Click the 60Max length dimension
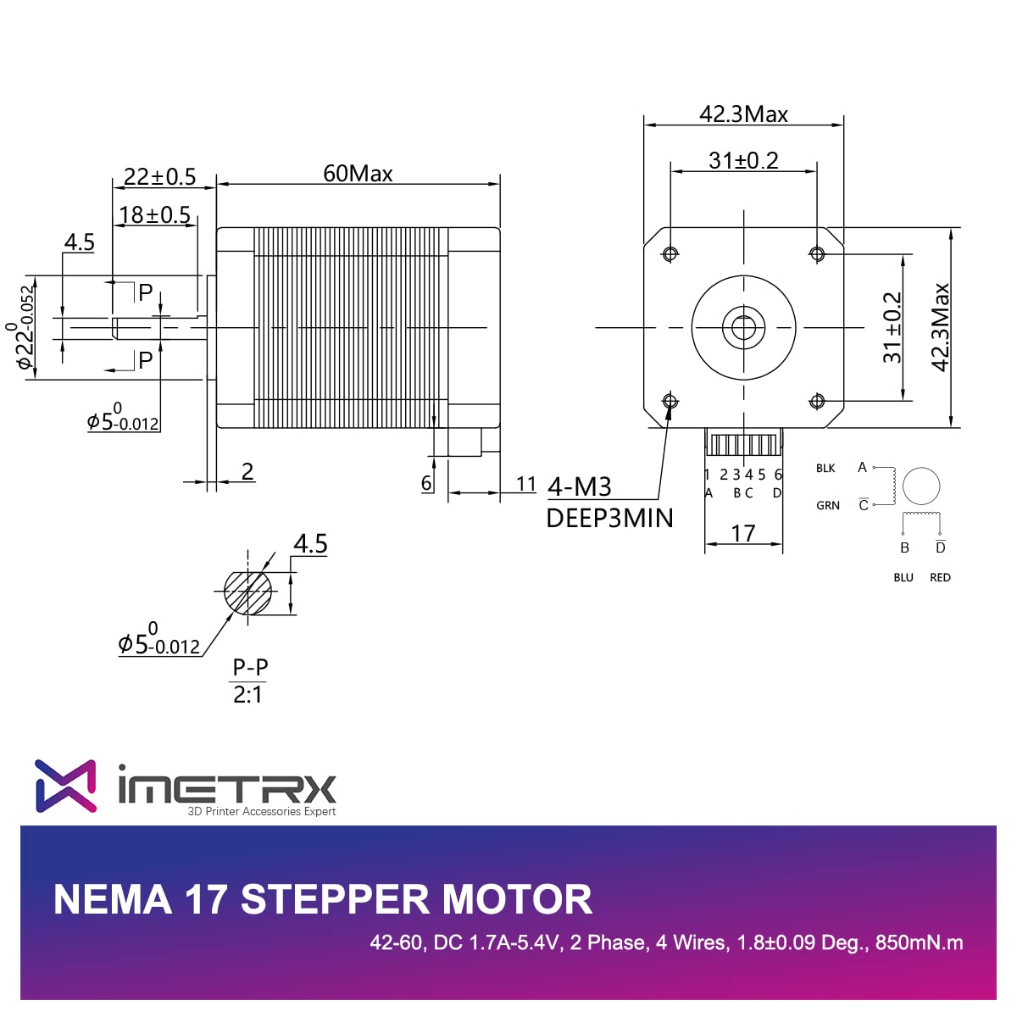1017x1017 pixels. click(358, 174)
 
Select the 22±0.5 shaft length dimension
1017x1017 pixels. click(159, 176)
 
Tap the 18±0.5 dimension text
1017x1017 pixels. click(154, 215)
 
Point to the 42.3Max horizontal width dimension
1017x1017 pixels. click(743, 114)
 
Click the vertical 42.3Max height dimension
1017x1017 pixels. click(941, 327)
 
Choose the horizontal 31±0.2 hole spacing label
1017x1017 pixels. click(743, 160)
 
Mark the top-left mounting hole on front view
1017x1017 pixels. click(670, 253)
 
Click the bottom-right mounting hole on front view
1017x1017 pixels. click(817, 401)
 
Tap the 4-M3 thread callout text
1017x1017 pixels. click(580, 486)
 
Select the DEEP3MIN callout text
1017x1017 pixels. click(609, 518)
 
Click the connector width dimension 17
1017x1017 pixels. click(743, 533)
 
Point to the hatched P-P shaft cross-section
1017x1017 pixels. click(247, 592)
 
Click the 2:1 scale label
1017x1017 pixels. click(248, 695)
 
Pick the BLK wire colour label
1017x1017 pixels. click(825, 468)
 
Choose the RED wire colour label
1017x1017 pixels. click(940, 577)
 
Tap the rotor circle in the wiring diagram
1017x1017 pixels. click(921, 486)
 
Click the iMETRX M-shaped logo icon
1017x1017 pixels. click(65, 786)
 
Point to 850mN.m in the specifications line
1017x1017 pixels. click(919, 942)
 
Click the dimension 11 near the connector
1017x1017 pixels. click(526, 484)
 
